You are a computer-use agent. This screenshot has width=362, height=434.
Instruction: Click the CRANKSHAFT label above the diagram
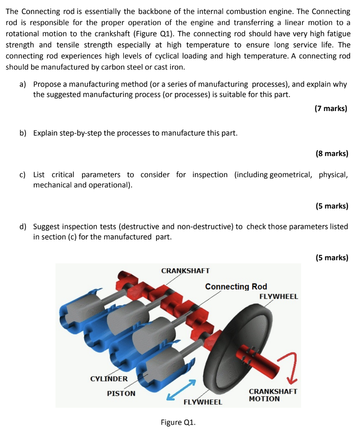pyautogui.click(x=185, y=270)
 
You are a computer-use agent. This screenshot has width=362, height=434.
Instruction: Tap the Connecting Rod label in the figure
pyautogui.click(x=236, y=287)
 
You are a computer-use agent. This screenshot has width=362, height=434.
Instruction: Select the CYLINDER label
pyautogui.click(x=109, y=378)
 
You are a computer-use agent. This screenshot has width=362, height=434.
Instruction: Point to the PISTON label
pyautogui.click(x=121, y=394)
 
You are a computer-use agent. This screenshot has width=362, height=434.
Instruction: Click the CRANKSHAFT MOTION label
pyautogui.click(x=272, y=395)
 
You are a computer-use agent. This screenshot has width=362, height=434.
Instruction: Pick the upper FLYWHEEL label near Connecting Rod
pyautogui.click(x=278, y=297)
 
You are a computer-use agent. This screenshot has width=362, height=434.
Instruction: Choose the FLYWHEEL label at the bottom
pyautogui.click(x=203, y=402)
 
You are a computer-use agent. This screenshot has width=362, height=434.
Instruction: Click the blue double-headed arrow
pyautogui.click(x=182, y=390)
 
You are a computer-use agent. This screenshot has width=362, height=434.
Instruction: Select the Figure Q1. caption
pyautogui.click(x=178, y=422)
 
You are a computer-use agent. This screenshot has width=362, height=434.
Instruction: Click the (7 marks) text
pyautogui.click(x=331, y=108)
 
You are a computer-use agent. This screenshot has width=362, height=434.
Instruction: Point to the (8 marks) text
pyautogui.click(x=332, y=153)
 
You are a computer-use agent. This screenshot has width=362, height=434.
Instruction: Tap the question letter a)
pyautogui.click(x=24, y=84)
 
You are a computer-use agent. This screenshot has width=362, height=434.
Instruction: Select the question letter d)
pyautogui.click(x=24, y=227)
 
